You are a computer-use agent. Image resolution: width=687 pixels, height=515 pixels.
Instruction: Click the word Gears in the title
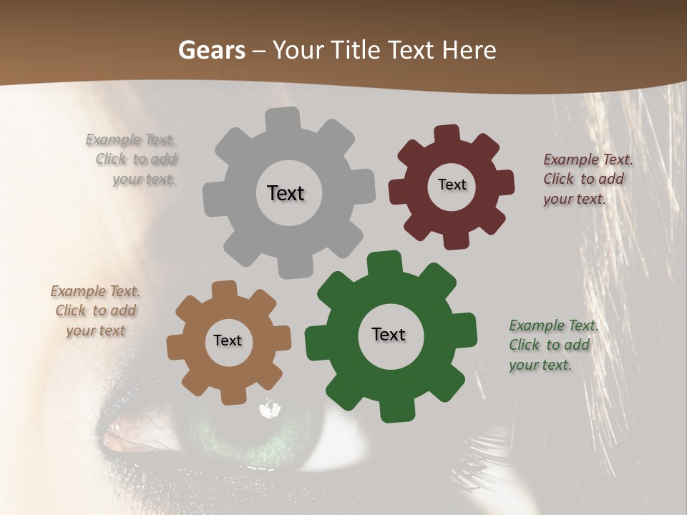coord(211,50)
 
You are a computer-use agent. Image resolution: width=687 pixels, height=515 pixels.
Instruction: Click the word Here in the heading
coord(469,50)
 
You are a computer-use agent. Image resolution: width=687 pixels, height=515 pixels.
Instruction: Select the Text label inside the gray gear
coord(286,193)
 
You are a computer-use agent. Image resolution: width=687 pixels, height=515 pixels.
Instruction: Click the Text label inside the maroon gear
coord(452,185)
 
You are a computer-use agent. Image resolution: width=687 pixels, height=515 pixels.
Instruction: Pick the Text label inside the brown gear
coord(228,340)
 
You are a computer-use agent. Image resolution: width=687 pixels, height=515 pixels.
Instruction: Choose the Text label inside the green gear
coord(389,334)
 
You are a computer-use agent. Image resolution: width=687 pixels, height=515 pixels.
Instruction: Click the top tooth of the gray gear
coord(283,119)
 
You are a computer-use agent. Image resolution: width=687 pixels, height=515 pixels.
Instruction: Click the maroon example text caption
coord(587,179)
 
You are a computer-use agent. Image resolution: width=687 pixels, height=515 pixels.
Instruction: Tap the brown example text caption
coord(95,310)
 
